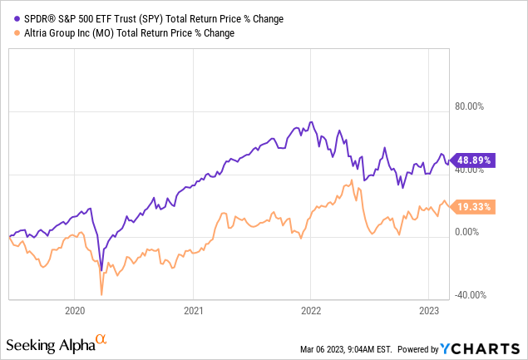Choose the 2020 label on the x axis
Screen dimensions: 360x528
point(75,310)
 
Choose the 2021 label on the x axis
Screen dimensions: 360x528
point(193,310)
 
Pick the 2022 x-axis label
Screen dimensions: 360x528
point(311,310)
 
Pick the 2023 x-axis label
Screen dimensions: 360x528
point(429,310)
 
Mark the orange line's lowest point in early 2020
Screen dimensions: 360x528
point(101,294)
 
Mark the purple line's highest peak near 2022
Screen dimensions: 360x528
point(311,122)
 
